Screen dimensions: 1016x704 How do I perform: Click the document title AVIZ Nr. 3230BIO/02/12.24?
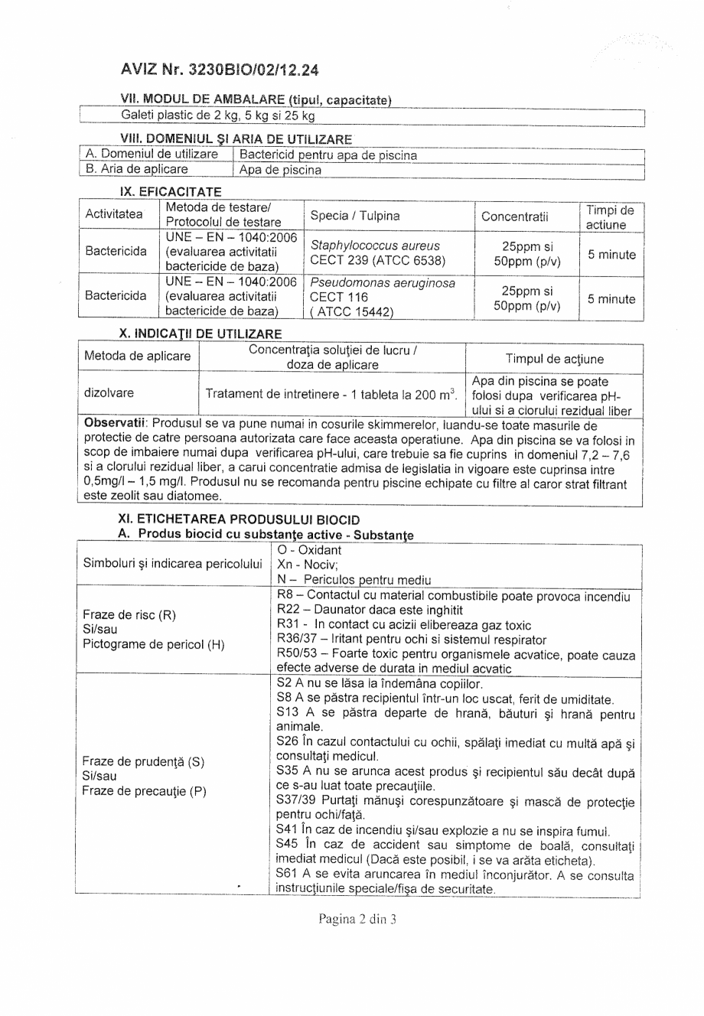(x=220, y=70)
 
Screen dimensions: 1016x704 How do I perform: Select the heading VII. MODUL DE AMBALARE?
(x=256, y=100)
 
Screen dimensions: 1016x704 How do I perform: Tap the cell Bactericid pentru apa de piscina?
(x=329, y=155)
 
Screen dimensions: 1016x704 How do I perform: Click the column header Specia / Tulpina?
(x=355, y=216)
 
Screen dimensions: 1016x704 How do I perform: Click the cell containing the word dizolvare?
(x=109, y=392)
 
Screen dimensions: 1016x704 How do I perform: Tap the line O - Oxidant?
(x=309, y=550)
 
